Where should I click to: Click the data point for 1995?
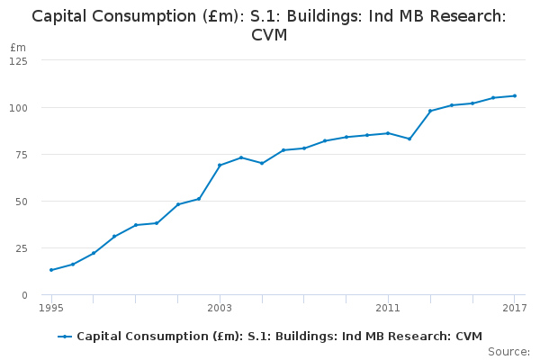coord(51,270)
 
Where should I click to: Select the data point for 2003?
coord(220,166)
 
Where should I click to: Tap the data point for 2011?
coord(388,133)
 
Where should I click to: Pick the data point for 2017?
coord(515,95)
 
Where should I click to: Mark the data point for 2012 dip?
coord(409,139)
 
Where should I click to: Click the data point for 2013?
coord(430,111)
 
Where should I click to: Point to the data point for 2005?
coord(262,163)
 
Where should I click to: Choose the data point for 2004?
coord(241,157)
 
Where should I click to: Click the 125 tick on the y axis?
coord(18,60)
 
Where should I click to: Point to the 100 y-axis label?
coord(18,107)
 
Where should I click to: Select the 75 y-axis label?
coord(21,154)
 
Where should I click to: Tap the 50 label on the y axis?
coord(21,201)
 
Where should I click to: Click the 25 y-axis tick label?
coord(21,247)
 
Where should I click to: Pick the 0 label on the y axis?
coord(23,294)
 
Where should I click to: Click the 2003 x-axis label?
coord(220,309)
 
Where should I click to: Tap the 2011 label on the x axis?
coord(388,309)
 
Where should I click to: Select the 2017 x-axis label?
coord(514,309)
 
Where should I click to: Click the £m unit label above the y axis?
coord(17,47)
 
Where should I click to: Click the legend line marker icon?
coord(65,337)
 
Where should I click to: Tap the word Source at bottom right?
coord(508,352)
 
